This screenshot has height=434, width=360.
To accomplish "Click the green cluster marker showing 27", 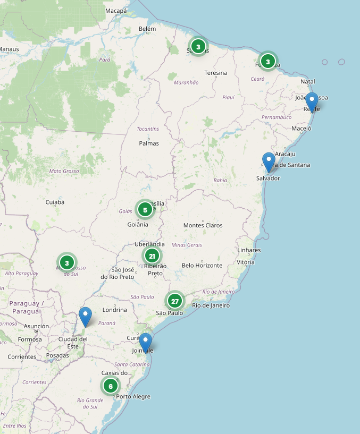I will pyautogui.click(x=174, y=301).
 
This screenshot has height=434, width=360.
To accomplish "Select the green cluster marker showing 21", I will pyautogui.click(x=152, y=256).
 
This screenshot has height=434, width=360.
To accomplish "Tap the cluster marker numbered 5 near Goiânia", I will pyautogui.click(x=145, y=209).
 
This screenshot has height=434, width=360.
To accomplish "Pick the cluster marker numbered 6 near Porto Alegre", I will pyautogui.click(x=110, y=386).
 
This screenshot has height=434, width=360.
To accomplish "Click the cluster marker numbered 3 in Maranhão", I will pyautogui.click(x=198, y=47).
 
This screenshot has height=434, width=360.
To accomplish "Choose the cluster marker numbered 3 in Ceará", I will pyautogui.click(x=268, y=62).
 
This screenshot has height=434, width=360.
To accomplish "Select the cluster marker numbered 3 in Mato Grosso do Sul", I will pyautogui.click(x=67, y=262).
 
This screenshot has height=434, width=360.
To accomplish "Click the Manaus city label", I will pyautogui.click(x=9, y=49).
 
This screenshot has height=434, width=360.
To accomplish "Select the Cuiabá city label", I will pyautogui.click(x=55, y=202).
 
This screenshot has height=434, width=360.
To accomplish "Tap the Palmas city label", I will pyautogui.click(x=149, y=143).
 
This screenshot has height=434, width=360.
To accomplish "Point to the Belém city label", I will pyautogui.click(x=147, y=29).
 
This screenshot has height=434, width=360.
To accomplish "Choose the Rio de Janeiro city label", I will pyautogui.click(x=211, y=305).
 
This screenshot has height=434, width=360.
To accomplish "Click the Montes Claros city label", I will pyautogui.click(x=203, y=225).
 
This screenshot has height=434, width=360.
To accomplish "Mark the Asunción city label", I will pyautogui.click(x=37, y=326).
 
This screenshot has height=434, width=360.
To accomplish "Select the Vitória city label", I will pyautogui.click(x=246, y=262).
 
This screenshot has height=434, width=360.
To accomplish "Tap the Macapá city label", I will pyautogui.click(x=116, y=11).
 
